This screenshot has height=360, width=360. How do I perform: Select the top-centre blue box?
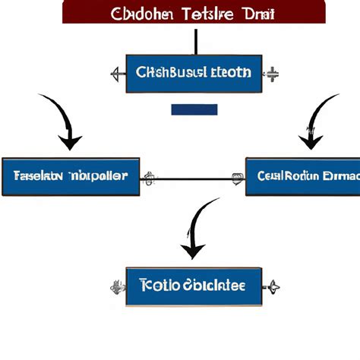(x=194, y=74)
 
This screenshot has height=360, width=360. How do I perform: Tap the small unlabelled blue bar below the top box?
(x=194, y=110)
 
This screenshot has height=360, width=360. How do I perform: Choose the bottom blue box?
(x=194, y=286)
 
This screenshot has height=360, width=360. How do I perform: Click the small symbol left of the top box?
(x=117, y=74)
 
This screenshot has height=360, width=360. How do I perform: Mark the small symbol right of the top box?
(x=272, y=74)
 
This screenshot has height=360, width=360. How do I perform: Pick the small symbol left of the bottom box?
(x=117, y=286)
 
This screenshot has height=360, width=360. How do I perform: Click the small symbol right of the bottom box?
(x=272, y=286)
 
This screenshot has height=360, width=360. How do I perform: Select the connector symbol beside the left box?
(x=150, y=178)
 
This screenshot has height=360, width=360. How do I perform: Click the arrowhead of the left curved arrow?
(x=71, y=141)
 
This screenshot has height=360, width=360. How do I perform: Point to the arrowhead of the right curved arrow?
(x=311, y=141)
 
